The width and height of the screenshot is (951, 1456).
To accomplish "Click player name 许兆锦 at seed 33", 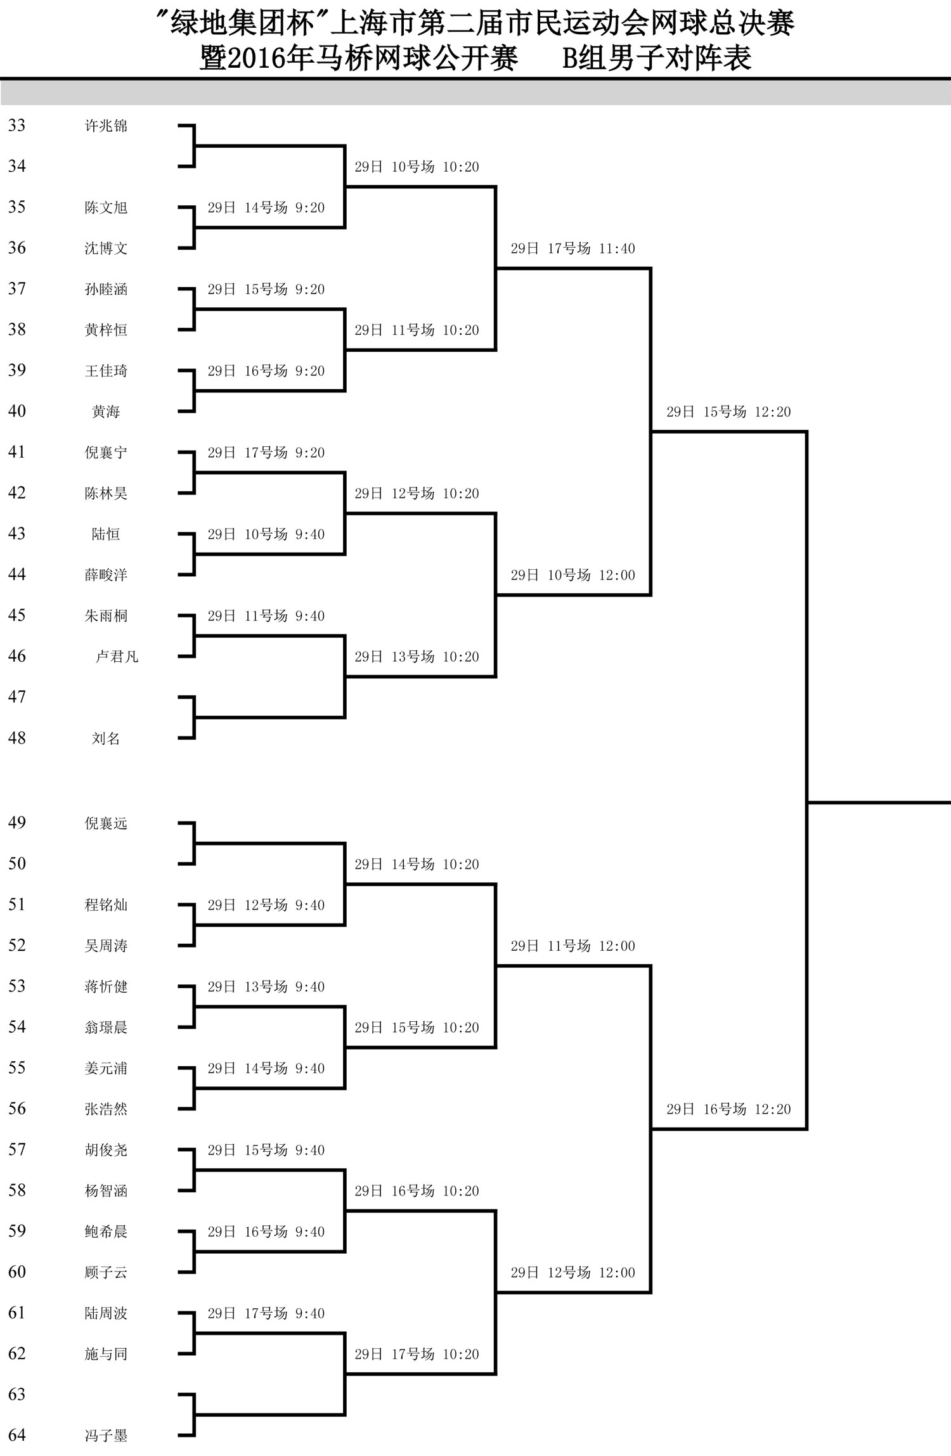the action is [106, 126].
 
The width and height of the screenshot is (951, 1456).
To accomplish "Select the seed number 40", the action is [17, 411].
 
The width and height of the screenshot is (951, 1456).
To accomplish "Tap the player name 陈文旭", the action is [106, 207].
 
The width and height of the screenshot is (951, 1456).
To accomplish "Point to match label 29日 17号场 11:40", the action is [573, 248].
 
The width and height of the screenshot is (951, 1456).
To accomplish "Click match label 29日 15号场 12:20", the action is [728, 412].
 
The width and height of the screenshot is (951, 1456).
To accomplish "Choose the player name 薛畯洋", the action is [106, 575].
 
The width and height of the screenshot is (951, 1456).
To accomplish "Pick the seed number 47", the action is [17, 697].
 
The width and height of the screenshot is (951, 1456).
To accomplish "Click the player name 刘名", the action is [106, 738].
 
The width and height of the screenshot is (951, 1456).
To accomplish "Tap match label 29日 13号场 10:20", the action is [417, 657].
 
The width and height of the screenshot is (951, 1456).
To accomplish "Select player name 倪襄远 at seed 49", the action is [106, 823].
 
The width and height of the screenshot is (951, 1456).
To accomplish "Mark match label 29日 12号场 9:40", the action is [266, 905].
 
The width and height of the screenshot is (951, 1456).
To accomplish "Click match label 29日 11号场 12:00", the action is [573, 946].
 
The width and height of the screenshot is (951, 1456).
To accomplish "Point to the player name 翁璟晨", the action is [106, 1028].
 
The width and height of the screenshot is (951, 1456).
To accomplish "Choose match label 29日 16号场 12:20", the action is [728, 1109].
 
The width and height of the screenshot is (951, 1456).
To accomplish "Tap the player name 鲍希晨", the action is [106, 1232].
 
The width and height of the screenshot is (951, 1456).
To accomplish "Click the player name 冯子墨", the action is [106, 1436].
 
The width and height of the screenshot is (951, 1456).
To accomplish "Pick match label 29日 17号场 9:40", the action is [266, 1313].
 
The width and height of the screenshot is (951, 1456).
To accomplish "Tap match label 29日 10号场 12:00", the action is [573, 575].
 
